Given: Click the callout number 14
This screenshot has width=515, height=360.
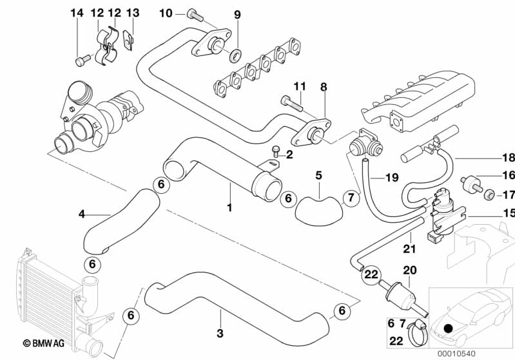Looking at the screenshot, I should pos(77,13).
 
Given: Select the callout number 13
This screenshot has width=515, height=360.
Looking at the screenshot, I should pos(132,13).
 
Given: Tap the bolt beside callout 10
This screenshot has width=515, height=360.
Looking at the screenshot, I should pos(192,13).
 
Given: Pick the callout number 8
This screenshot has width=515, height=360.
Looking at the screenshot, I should pos(324,86).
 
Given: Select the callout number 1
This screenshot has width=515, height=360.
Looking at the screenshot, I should pos(229,207).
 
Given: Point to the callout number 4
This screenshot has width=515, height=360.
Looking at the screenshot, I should pos(81,213).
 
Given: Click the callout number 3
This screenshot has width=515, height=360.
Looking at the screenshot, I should pos(220,333).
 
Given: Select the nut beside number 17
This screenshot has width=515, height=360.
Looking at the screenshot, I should pos(490,194).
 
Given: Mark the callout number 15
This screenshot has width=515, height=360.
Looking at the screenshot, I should pos(509,213).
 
